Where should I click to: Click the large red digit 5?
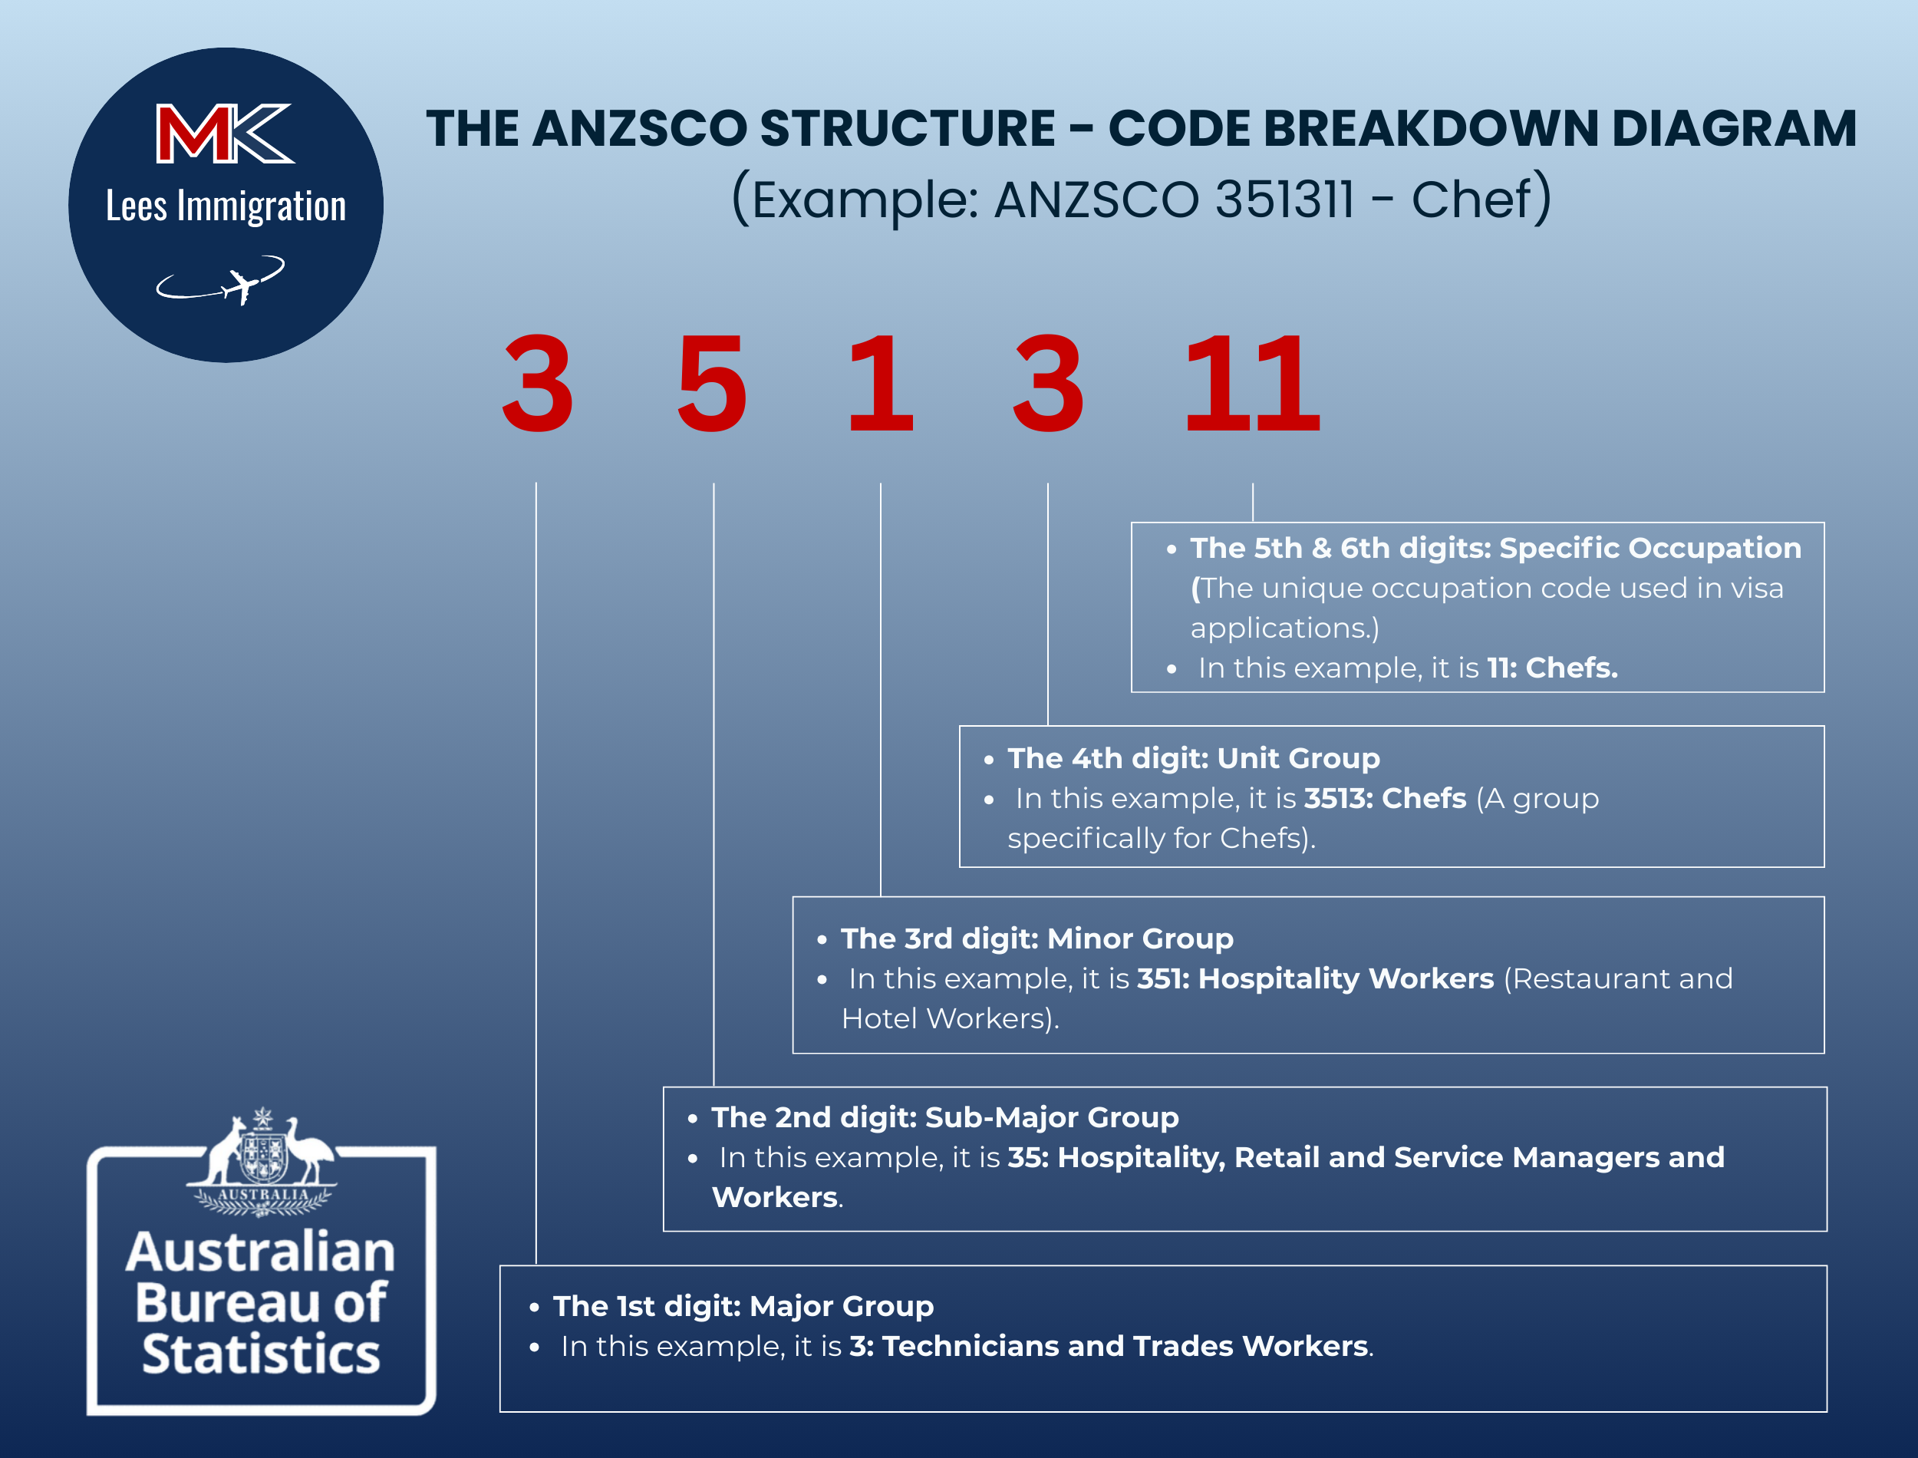click(x=711, y=383)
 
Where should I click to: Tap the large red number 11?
click(x=1252, y=383)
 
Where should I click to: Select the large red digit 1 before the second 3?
click(x=881, y=383)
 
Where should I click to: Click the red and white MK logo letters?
click(x=226, y=133)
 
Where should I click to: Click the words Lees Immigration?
click(x=226, y=206)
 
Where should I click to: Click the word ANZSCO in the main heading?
click(x=639, y=128)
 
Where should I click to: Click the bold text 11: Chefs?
click(x=1553, y=668)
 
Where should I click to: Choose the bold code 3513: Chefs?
click(x=1386, y=798)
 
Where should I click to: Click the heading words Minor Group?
click(x=1140, y=939)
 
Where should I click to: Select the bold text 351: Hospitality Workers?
click(x=1316, y=979)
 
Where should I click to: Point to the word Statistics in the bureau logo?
click(x=261, y=1354)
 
